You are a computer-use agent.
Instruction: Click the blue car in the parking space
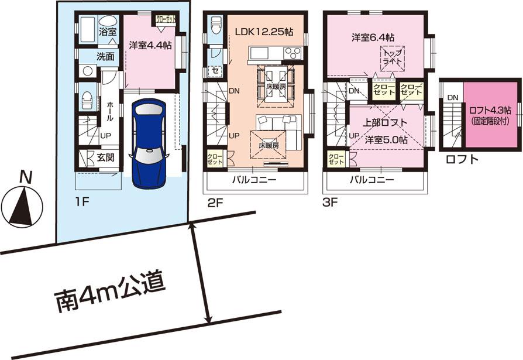(x=150, y=140)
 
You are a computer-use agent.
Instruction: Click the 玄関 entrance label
(x=106, y=157)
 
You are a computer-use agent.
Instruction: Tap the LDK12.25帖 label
(x=264, y=33)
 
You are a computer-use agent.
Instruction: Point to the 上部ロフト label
(x=383, y=123)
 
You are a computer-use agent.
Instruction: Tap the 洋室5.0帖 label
(x=386, y=140)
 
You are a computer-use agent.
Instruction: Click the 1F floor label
(x=81, y=203)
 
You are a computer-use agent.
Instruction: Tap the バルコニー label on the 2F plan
(x=254, y=180)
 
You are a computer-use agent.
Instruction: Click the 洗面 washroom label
(x=105, y=57)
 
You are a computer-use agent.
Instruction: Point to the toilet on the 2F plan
(x=215, y=25)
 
